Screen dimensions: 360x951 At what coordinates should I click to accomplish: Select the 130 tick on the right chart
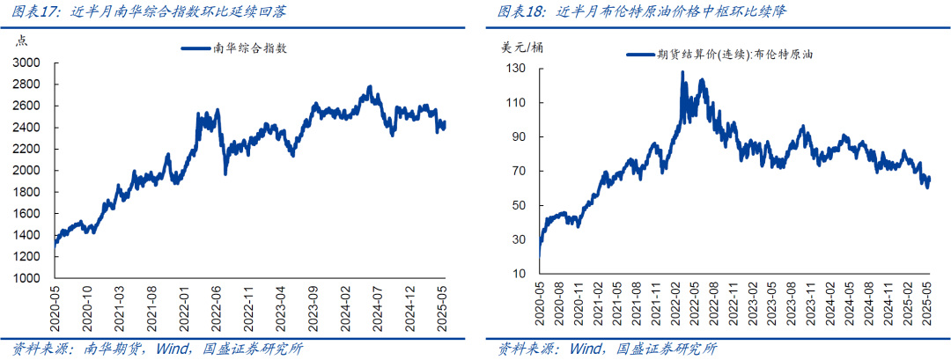click(x=516, y=69)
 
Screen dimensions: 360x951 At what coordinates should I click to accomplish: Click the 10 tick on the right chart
click(x=520, y=275)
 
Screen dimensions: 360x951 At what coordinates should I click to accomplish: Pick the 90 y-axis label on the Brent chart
click(x=520, y=137)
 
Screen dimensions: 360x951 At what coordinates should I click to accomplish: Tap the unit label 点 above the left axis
click(x=22, y=41)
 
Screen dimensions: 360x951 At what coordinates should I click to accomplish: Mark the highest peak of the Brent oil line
click(x=682, y=73)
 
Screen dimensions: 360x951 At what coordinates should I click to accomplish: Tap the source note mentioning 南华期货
click(x=158, y=349)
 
